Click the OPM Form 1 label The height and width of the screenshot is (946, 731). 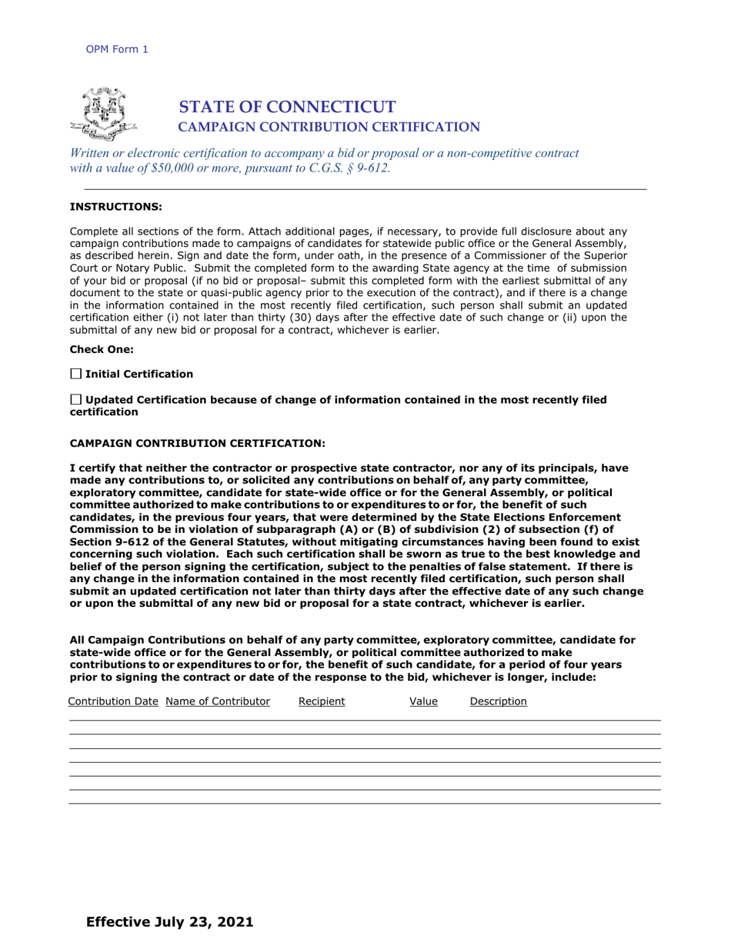(x=117, y=49)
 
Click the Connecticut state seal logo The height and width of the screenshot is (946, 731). (x=103, y=114)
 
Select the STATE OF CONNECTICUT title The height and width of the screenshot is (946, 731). (x=287, y=107)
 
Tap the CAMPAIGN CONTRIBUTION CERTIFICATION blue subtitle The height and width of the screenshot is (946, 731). (x=329, y=127)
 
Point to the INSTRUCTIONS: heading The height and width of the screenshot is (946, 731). (x=116, y=206)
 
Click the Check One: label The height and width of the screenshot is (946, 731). (x=102, y=349)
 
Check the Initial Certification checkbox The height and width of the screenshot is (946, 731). (x=75, y=374)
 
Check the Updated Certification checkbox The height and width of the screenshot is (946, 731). (x=75, y=400)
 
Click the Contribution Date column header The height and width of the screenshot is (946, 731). (x=113, y=701)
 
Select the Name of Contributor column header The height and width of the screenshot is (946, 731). (x=218, y=701)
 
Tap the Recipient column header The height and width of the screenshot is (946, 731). (x=322, y=701)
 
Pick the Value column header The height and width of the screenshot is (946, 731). (x=423, y=701)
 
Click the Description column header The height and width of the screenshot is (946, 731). (x=498, y=701)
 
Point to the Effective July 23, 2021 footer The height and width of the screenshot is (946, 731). (x=169, y=921)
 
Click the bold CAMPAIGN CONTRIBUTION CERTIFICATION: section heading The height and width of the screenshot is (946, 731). (x=198, y=444)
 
